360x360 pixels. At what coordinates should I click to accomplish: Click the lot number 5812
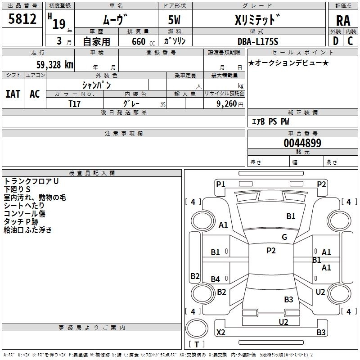pyautogui.click(x=22, y=19)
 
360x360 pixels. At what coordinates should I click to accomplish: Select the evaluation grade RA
pyautogui.click(x=343, y=20)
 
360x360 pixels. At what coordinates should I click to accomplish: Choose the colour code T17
pyautogui.click(x=74, y=103)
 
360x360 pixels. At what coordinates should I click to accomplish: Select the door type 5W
pyautogui.click(x=175, y=20)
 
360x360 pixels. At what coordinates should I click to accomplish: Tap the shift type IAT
pyautogui.click(x=13, y=94)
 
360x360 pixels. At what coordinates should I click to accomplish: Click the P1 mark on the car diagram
pyautogui.click(x=220, y=184)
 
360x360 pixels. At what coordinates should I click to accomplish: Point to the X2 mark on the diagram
pyautogui.click(x=221, y=333)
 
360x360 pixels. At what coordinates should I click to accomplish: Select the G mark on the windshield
pyautogui.click(x=284, y=237)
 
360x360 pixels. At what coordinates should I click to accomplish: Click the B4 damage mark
pyautogui.click(x=216, y=279)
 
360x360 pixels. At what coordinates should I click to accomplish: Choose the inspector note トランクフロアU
pyautogui.click(x=31, y=181)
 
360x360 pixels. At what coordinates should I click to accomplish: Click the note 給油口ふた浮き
pyautogui.click(x=28, y=230)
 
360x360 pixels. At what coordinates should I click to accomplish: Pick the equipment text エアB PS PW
pyautogui.click(x=270, y=121)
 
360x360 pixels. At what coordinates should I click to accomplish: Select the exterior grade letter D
pyautogui.click(x=335, y=41)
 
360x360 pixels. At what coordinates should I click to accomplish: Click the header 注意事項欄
pyautogui.click(x=123, y=134)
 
